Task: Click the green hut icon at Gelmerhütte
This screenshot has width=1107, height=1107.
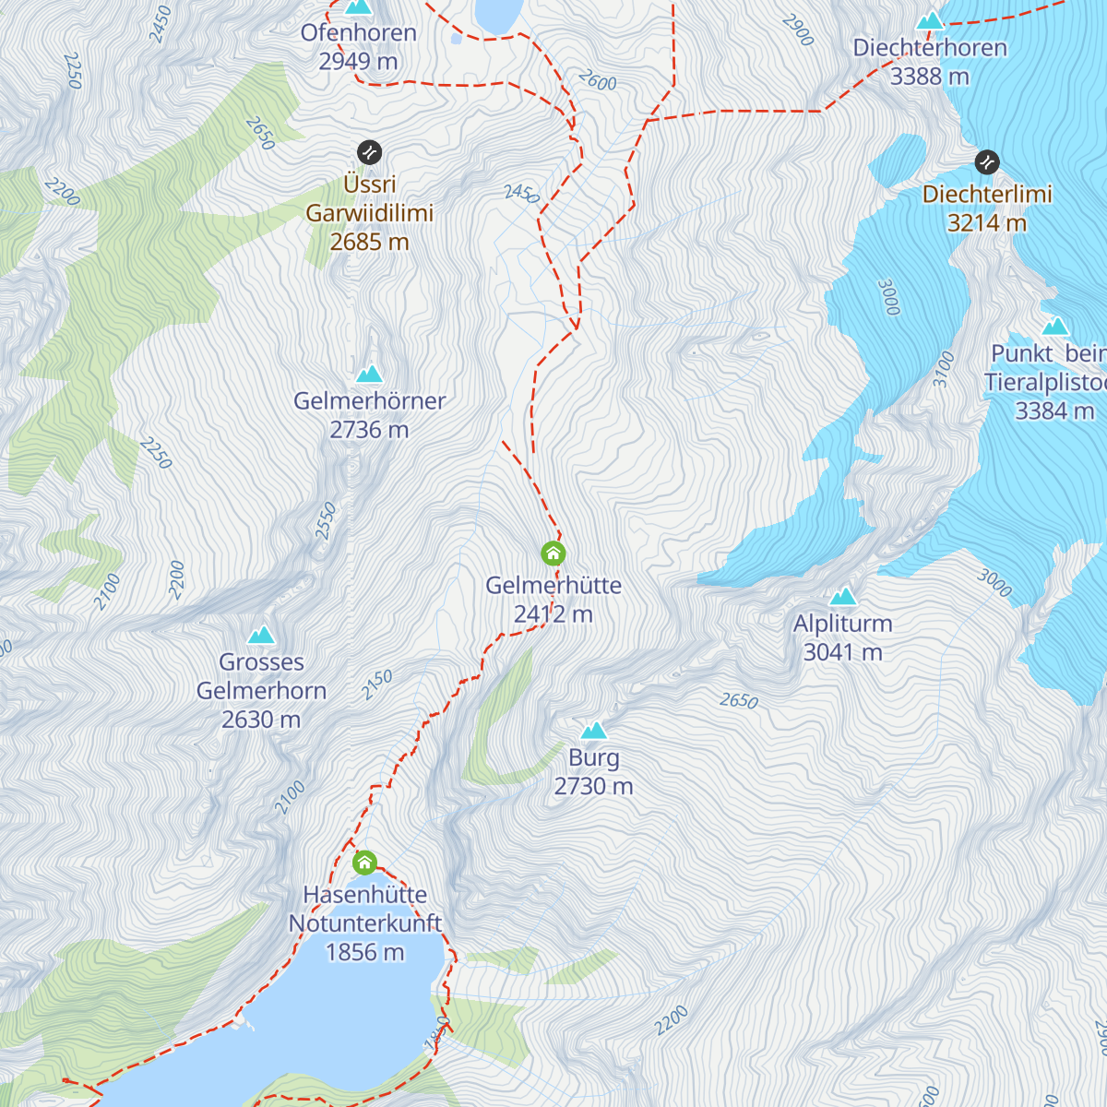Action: [553, 553]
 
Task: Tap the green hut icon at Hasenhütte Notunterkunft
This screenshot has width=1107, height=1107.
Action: [364, 863]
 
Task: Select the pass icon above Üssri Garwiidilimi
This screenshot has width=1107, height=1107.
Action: [369, 152]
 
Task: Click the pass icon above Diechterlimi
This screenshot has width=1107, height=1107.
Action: [987, 162]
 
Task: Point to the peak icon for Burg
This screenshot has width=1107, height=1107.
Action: [593, 731]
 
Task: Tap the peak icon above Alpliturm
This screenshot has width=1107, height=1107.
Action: [842, 597]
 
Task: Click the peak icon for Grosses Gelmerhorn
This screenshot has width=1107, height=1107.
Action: [261, 635]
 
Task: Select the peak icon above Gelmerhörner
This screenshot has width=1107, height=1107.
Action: [369, 374]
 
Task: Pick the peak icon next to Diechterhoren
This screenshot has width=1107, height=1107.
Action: [930, 20]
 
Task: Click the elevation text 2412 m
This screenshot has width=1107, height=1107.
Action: [553, 614]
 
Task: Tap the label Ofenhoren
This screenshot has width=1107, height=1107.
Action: [358, 33]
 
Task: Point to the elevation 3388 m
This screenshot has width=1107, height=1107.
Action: [929, 77]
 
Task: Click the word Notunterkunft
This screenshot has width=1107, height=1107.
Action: [364, 923]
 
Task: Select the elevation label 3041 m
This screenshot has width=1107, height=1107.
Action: [842, 653]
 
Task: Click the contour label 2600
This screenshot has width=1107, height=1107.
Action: [597, 81]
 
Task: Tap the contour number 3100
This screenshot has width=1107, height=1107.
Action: [944, 369]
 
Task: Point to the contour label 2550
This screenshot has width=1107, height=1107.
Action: [326, 521]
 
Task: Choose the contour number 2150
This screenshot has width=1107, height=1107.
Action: [376, 684]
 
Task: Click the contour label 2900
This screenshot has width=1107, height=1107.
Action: [797, 30]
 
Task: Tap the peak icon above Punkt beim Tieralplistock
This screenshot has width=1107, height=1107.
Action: [1054, 327]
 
